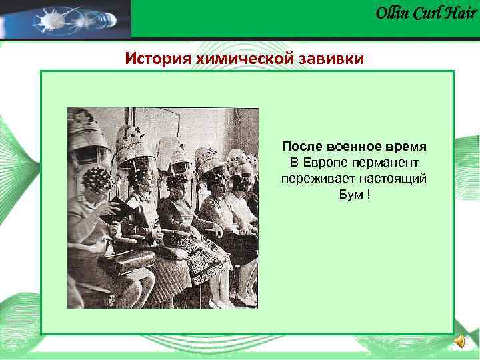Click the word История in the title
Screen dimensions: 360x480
pyautogui.click(x=158, y=59)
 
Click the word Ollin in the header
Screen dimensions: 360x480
pyautogui.click(x=392, y=13)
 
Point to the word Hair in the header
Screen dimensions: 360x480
pyautogui.click(x=461, y=13)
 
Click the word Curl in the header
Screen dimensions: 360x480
pyautogui.click(x=428, y=13)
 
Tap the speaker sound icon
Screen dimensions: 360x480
pyautogui.click(x=460, y=341)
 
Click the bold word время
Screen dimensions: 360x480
pyautogui.click(x=407, y=145)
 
